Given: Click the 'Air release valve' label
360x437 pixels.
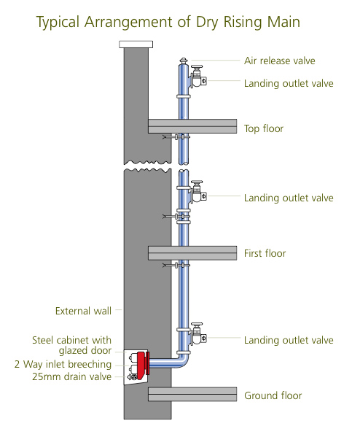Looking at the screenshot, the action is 280,61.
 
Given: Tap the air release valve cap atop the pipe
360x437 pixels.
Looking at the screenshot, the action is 184,61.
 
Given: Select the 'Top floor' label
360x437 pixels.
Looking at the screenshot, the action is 264,128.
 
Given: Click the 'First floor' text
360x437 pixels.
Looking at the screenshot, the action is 265,253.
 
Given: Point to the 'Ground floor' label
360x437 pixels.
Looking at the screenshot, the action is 273,395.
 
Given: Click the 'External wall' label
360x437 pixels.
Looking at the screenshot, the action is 83,311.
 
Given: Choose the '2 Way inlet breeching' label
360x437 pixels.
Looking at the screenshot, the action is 63,364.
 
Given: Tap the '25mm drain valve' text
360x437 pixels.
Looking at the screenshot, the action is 72,376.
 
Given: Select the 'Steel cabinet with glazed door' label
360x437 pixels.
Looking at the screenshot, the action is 72,345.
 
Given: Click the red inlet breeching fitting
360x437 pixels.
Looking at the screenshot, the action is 143,363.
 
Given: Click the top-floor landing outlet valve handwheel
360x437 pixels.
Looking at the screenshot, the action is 197,67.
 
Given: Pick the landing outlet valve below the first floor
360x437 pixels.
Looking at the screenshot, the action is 198,334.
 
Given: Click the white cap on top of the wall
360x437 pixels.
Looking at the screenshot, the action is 136,45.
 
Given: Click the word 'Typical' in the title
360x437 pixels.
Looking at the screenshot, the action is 58,23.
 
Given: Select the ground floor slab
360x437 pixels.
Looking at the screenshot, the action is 192,394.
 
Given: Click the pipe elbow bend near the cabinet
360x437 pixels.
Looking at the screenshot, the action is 182,361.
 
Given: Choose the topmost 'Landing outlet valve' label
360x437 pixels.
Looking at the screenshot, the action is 289,84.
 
